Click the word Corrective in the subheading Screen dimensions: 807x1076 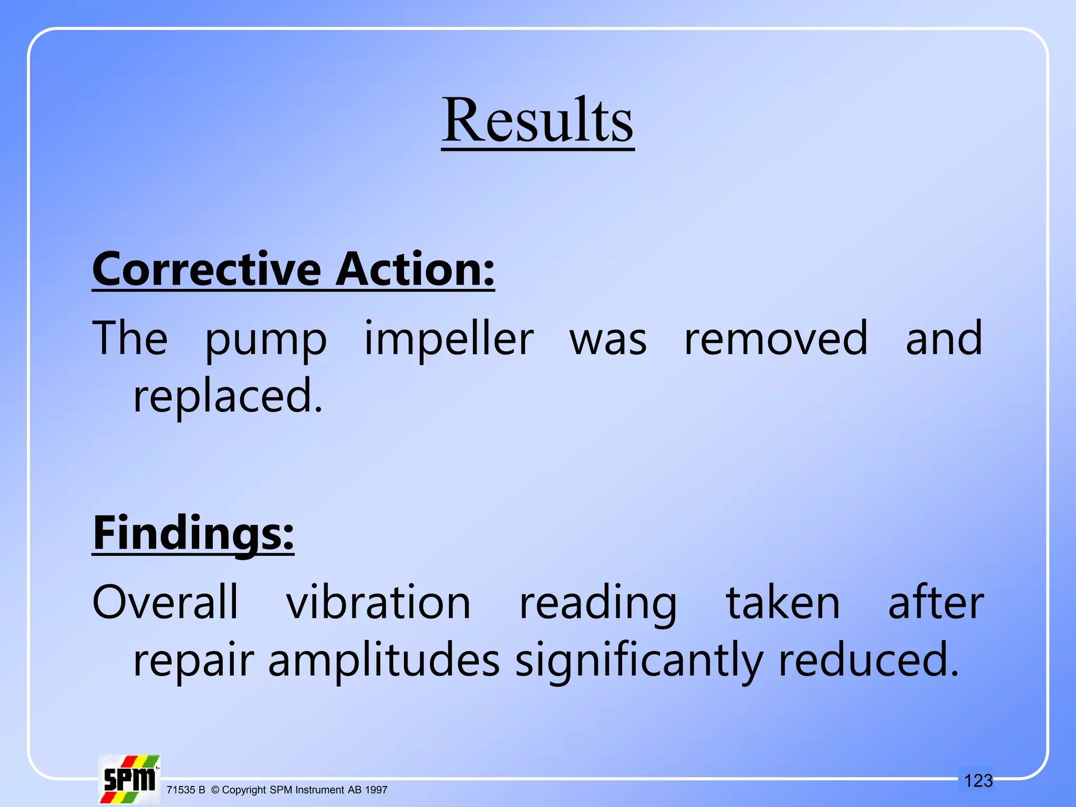pyautogui.click(x=206, y=269)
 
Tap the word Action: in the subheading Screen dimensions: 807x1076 pyautogui.click(x=415, y=269)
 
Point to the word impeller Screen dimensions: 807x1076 pyautogui.click(x=449, y=339)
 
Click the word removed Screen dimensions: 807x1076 pyautogui.click(x=775, y=339)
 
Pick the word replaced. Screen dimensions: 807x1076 pyautogui.click(x=227, y=398)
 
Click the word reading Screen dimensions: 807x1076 pyautogui.click(x=598, y=604)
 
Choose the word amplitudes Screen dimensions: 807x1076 pyautogui.click(x=384, y=661)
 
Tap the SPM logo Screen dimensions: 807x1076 pyautogui.click(x=129, y=779)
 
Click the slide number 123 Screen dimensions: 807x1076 pyautogui.click(x=978, y=781)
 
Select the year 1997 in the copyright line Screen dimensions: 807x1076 pyautogui.click(x=376, y=790)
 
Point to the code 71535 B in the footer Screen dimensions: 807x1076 pyautogui.click(x=185, y=790)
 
